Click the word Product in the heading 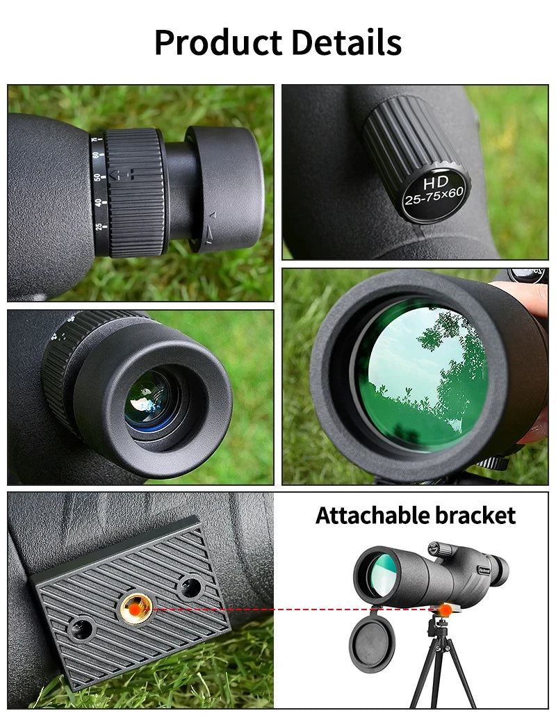(x=218, y=43)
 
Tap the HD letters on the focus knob (x=435, y=181)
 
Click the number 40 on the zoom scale (x=98, y=202)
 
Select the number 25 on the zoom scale (x=99, y=227)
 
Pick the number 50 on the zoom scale (x=98, y=178)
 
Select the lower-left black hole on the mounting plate (x=81, y=630)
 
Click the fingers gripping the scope (x=532, y=292)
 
